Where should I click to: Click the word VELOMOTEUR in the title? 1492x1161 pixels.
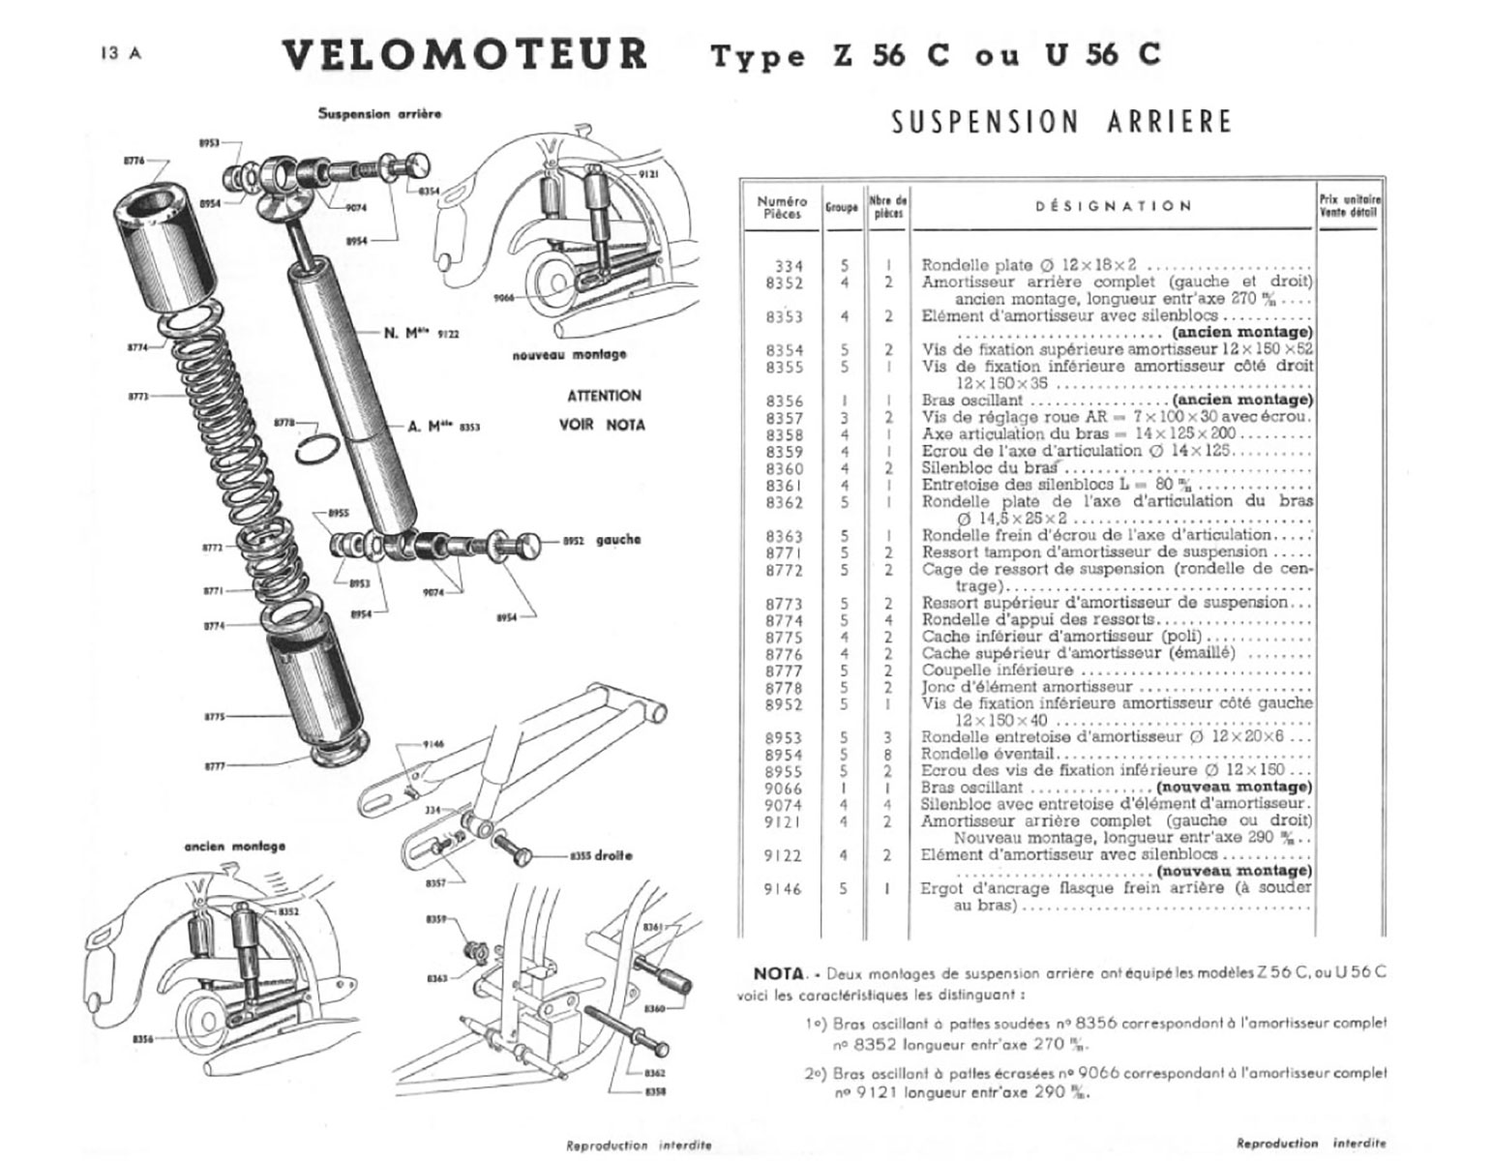(464, 54)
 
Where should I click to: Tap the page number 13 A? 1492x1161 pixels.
(120, 54)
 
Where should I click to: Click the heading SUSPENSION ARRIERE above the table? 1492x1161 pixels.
(1061, 122)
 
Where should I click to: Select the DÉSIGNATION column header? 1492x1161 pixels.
(1113, 206)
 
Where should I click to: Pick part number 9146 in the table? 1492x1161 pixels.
(783, 889)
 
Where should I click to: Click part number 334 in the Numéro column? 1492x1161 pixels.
(789, 265)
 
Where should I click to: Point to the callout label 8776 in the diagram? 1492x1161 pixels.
(134, 161)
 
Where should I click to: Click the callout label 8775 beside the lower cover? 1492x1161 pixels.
(214, 717)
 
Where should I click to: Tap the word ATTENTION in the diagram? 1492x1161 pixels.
(604, 396)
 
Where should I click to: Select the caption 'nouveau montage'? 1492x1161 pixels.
(569, 355)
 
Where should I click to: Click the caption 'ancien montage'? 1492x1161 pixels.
(235, 847)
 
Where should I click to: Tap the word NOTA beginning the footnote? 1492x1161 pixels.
(778, 973)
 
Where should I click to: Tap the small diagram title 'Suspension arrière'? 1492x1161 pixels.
(379, 114)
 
